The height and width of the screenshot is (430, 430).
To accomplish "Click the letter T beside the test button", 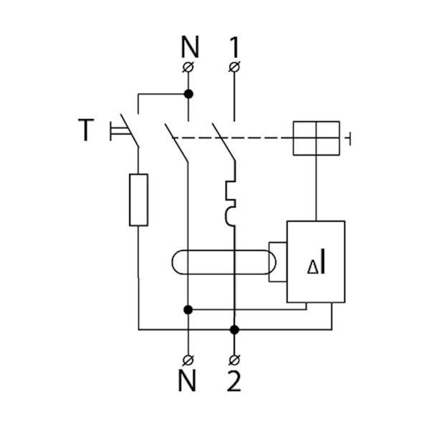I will [x=86, y=130].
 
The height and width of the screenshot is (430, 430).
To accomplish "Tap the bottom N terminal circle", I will [x=188, y=358].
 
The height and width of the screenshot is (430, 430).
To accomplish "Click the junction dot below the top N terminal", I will [x=188, y=93].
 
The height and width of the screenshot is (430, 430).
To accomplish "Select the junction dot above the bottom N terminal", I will [x=188, y=310].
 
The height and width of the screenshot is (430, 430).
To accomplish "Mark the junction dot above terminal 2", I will [x=234, y=329].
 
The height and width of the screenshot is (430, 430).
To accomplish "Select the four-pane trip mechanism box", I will [x=316, y=137].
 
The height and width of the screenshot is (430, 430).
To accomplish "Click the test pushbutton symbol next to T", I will [x=115, y=130].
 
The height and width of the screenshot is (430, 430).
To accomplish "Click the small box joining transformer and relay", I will [x=277, y=263].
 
